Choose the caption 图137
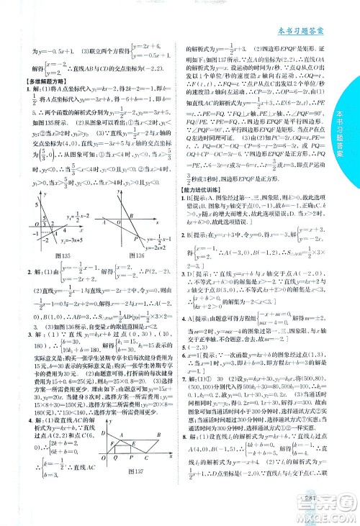(x=132, y=474)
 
